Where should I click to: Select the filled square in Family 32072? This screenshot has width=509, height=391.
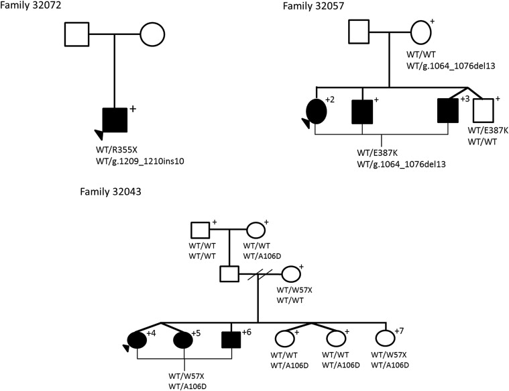pyautogui.click(x=114, y=121)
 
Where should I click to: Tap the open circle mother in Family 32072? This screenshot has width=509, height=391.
pyautogui.click(x=152, y=34)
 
